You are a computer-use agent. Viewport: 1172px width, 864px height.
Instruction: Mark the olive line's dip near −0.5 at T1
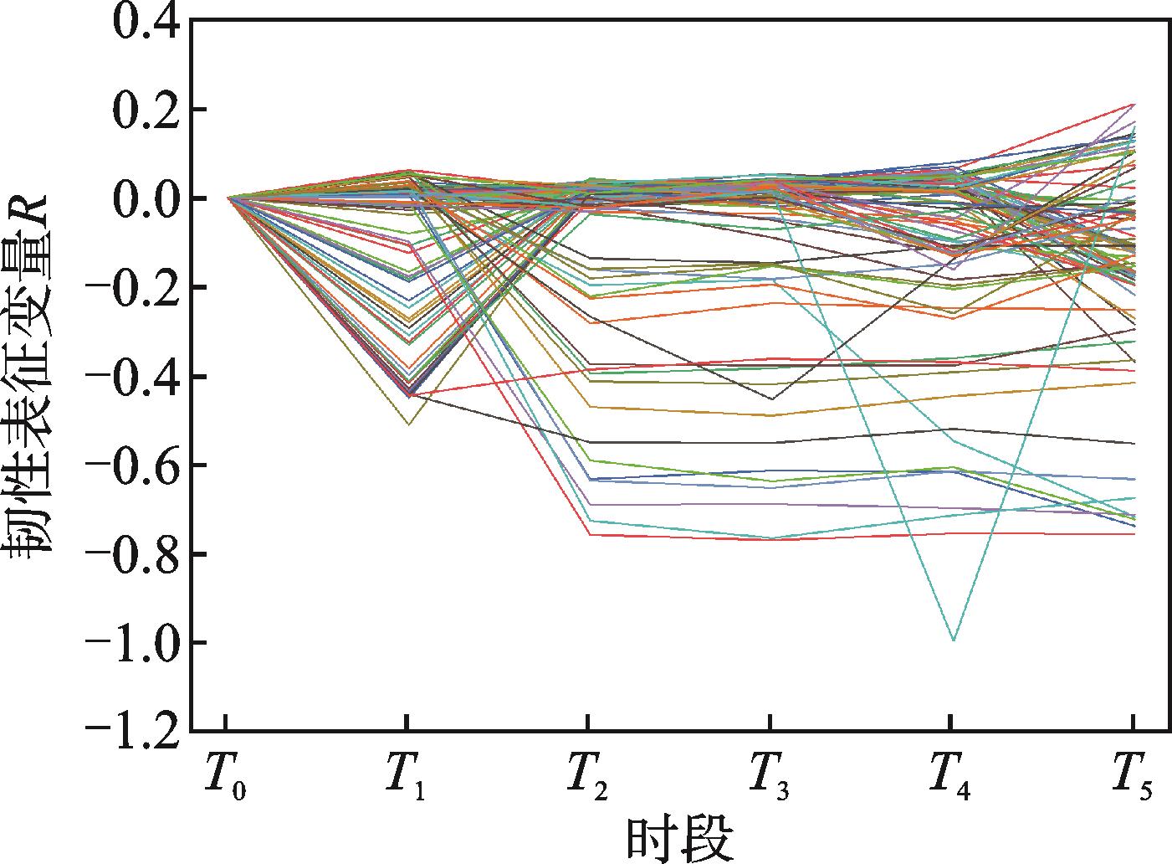[407, 424]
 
